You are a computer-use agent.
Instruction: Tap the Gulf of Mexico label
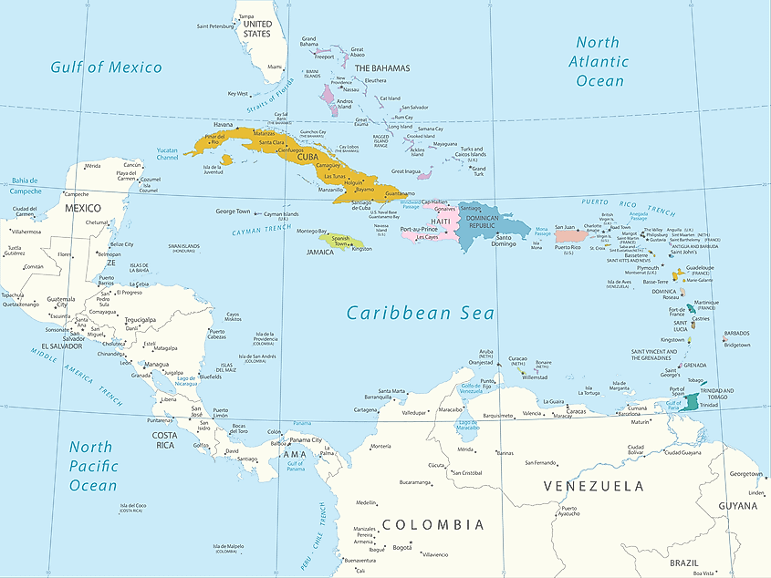pyautogui.click(x=106, y=67)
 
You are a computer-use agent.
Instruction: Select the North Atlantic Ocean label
pyautogui.click(x=599, y=61)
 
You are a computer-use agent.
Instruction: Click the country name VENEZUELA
pyautogui.click(x=593, y=486)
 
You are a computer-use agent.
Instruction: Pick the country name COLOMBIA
pyautogui.click(x=432, y=525)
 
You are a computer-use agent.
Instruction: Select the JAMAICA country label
pyautogui.click(x=318, y=252)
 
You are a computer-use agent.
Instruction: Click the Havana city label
pyautogui.click(x=223, y=125)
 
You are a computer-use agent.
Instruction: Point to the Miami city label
pyautogui.click(x=275, y=67)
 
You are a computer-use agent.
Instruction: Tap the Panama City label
pyautogui.click(x=305, y=439)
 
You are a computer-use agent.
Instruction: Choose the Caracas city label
pyautogui.click(x=576, y=411)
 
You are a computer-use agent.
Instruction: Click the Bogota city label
pyautogui.click(x=401, y=548)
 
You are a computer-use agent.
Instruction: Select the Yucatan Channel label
pyautogui.click(x=168, y=152)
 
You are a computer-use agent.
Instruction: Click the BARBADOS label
pyautogui.click(x=736, y=333)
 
